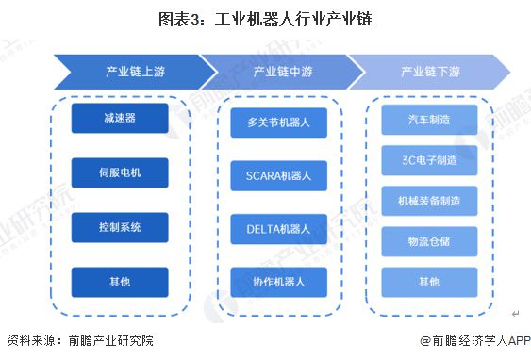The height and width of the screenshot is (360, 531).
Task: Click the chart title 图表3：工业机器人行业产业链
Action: tap(265, 19)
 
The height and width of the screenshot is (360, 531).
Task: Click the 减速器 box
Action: tap(119, 118)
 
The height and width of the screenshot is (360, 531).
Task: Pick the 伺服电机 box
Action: tap(119, 172)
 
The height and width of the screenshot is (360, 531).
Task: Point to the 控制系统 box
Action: tap(119, 227)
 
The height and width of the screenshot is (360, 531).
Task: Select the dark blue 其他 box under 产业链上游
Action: tap(119, 282)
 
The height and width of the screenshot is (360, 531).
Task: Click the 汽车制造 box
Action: tap(429, 120)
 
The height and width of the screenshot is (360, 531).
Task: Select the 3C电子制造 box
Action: tap(429, 160)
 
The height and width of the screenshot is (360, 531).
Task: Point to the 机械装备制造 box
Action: tap(429, 201)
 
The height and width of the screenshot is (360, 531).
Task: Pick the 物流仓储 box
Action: tap(429, 241)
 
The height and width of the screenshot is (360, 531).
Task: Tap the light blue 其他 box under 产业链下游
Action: tap(429, 282)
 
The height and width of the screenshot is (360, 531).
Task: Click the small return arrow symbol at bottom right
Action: tap(515, 313)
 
